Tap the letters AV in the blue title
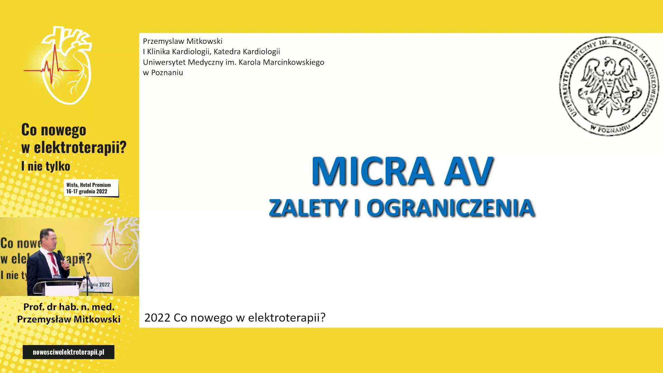[469, 171]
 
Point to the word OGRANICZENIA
[451, 208]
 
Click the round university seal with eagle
[609, 86]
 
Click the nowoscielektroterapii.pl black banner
[68, 352]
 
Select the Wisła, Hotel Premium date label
[91, 188]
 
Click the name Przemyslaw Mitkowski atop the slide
[183, 41]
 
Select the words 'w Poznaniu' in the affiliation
[163, 73]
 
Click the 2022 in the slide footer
[157, 317]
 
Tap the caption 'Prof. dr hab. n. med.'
[69, 307]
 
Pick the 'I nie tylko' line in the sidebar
[46, 166]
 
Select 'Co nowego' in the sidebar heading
[54, 130]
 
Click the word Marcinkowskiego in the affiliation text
[294, 62]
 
